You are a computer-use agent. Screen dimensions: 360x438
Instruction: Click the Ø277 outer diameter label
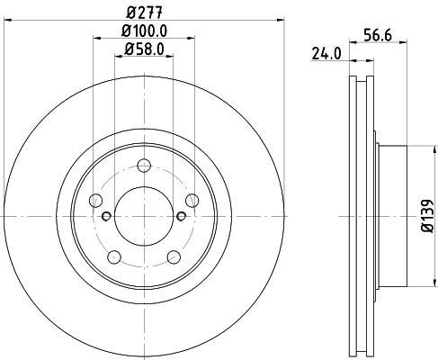click(x=143, y=13)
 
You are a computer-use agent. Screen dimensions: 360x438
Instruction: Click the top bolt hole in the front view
click(x=144, y=166)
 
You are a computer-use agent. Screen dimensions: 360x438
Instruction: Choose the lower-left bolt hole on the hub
click(x=114, y=257)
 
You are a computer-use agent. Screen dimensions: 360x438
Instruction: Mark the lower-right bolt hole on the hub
click(x=174, y=257)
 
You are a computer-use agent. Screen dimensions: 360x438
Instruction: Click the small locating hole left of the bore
click(x=106, y=216)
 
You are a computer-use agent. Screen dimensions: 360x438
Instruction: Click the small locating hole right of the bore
click(x=182, y=216)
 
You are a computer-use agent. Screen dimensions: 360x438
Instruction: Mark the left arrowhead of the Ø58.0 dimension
click(x=119, y=58)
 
